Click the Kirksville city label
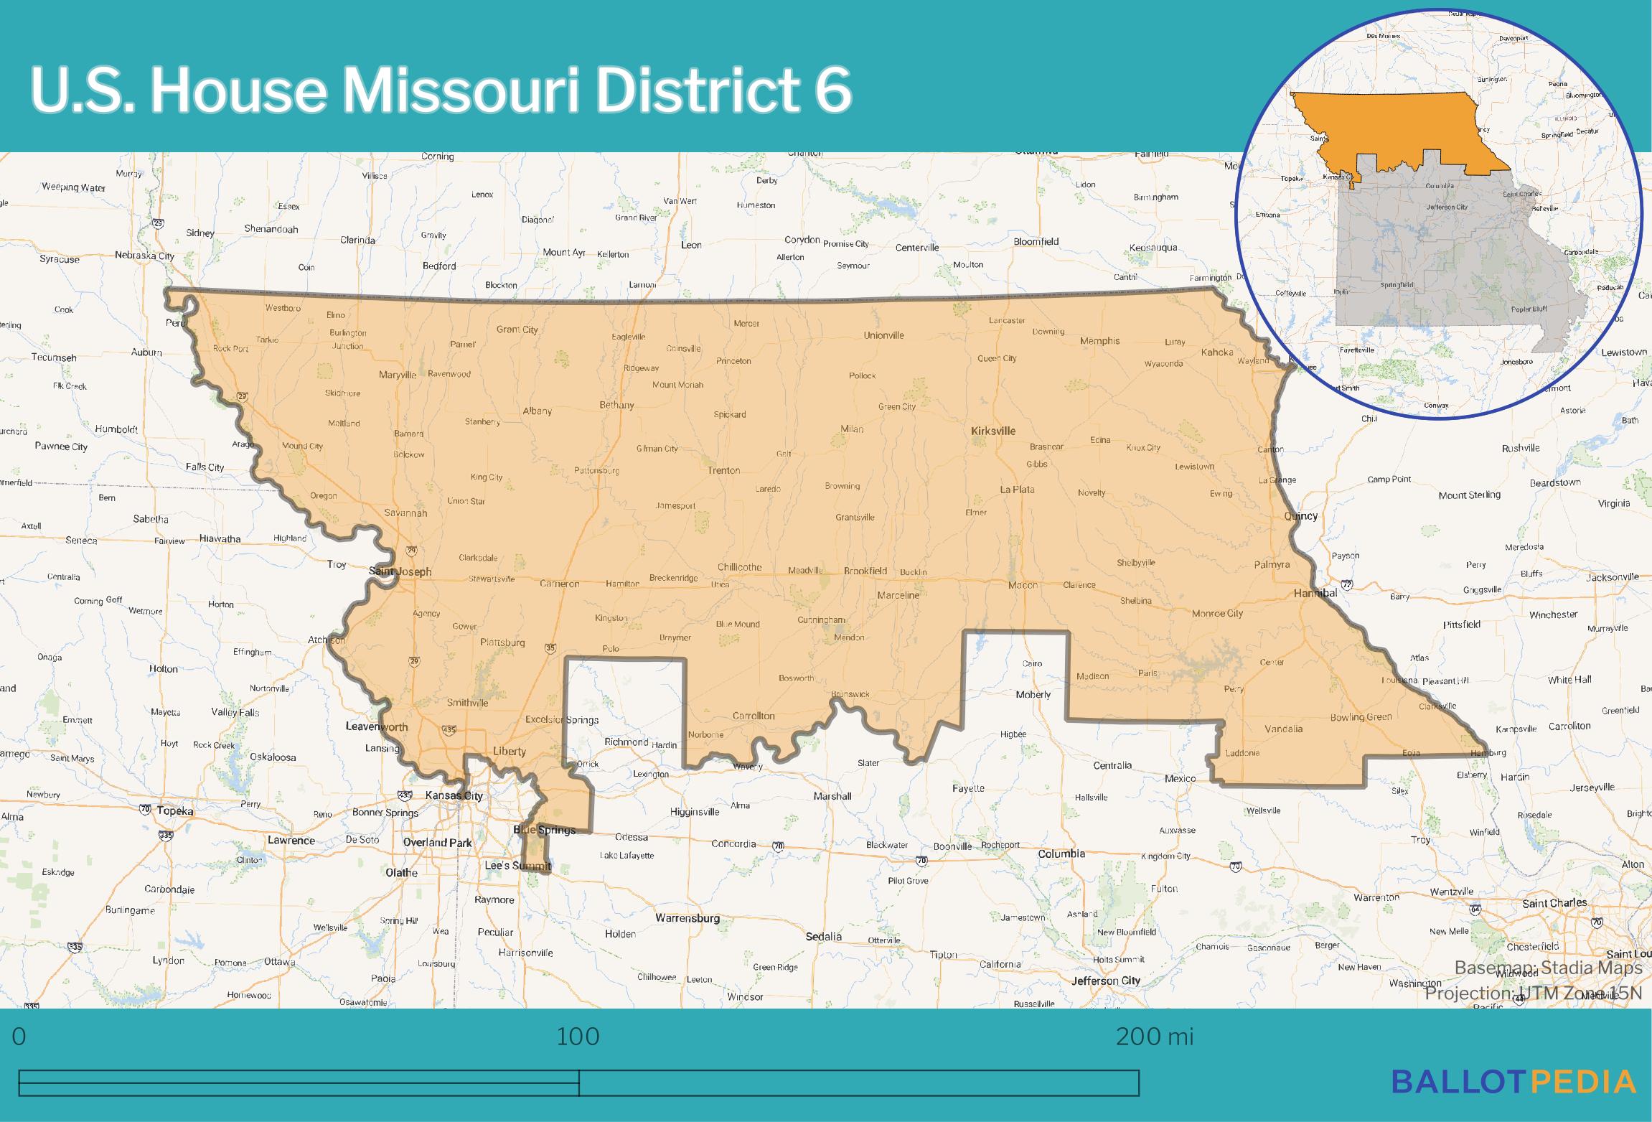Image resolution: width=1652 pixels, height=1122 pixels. click(x=992, y=431)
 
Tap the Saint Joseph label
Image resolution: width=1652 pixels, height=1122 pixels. click(x=400, y=571)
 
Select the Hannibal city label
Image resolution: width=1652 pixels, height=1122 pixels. click(x=1315, y=593)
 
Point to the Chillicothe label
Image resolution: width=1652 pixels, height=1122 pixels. click(x=739, y=567)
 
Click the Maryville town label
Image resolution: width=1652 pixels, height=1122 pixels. click(x=398, y=375)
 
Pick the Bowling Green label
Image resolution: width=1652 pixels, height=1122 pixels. click(x=1361, y=716)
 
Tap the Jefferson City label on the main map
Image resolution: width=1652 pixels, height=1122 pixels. click(x=1105, y=980)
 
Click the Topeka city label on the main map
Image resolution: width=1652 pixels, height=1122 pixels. click(x=175, y=810)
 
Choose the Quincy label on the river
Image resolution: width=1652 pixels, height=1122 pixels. click(x=1300, y=515)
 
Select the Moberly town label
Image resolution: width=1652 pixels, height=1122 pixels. click(x=1033, y=694)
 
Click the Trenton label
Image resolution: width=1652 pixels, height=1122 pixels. click(x=723, y=470)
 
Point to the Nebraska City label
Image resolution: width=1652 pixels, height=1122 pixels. click(x=144, y=256)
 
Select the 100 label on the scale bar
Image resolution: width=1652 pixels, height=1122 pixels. click(x=578, y=1037)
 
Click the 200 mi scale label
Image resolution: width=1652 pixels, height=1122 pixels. click(x=1154, y=1037)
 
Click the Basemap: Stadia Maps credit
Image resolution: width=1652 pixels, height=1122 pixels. click(x=1548, y=968)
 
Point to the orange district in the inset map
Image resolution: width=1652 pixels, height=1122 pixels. click(x=1407, y=136)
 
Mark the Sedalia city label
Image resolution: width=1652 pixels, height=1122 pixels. click(x=823, y=936)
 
